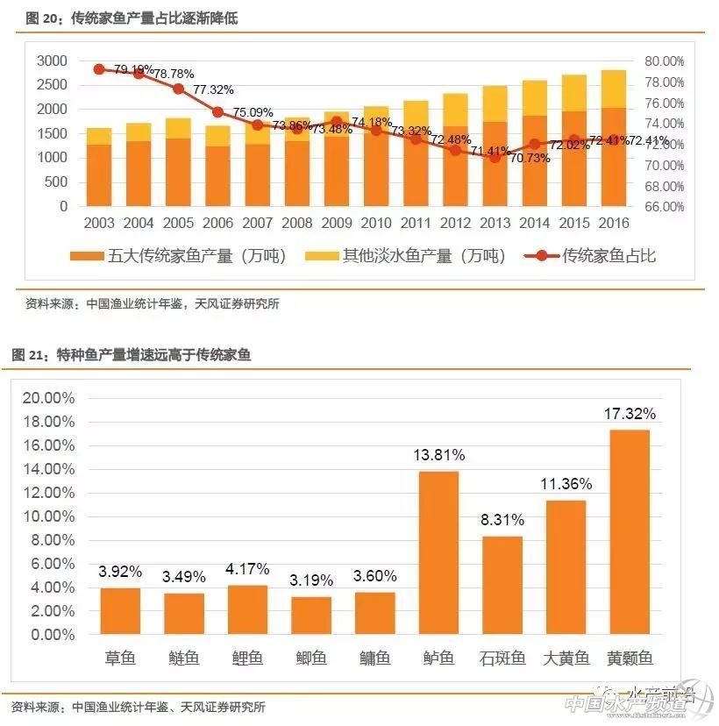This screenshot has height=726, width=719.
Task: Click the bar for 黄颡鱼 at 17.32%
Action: [630, 531]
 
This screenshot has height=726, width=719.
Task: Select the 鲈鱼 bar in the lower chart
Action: [438, 552]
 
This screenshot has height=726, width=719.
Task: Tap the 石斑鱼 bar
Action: [502, 585]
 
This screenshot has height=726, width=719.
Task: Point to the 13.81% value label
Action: [439, 456]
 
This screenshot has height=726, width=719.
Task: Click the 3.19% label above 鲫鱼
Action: [311, 580]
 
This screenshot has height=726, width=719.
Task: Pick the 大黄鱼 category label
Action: [566, 658]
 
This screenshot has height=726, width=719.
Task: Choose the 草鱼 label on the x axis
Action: [120, 658]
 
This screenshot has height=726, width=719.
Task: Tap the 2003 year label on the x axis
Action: [99, 224]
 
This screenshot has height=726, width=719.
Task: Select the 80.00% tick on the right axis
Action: [663, 61]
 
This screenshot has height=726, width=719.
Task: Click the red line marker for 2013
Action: [495, 157]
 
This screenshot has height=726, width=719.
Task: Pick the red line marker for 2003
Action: [99, 69]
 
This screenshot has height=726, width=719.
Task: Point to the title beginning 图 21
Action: [131, 355]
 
